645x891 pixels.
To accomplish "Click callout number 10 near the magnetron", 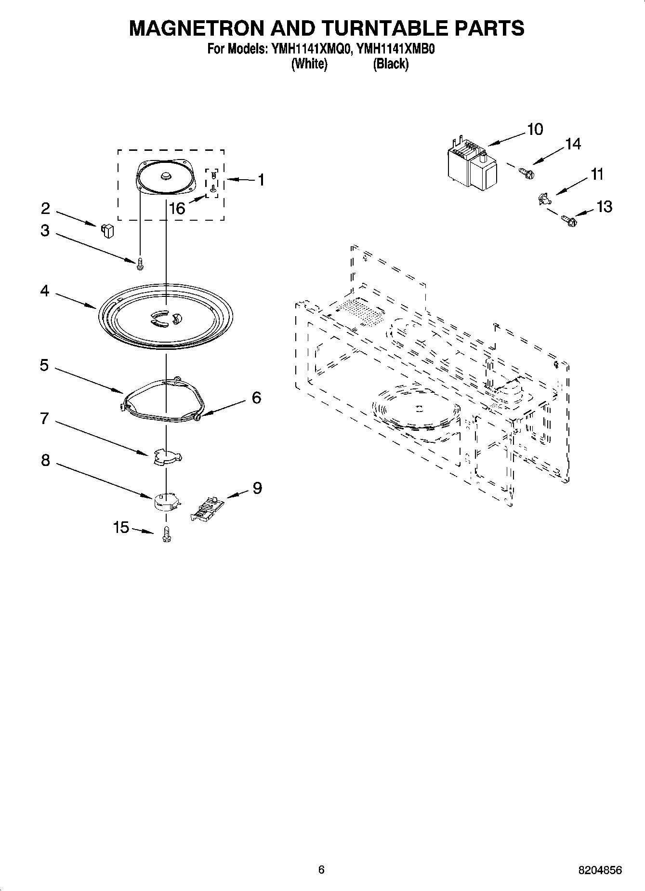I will pyautogui.click(x=535, y=129).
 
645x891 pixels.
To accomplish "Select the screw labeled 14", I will pyautogui.click(x=526, y=172).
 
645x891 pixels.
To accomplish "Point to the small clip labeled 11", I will pyautogui.click(x=543, y=198).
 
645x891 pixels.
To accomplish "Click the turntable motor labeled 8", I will pyautogui.click(x=166, y=501).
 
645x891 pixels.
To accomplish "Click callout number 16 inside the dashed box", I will pyautogui.click(x=177, y=209).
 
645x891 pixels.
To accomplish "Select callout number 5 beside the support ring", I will pyautogui.click(x=44, y=365).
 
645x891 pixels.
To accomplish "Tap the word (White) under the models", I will pyautogui.click(x=309, y=64).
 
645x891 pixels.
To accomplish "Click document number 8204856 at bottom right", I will pyautogui.click(x=600, y=870).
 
